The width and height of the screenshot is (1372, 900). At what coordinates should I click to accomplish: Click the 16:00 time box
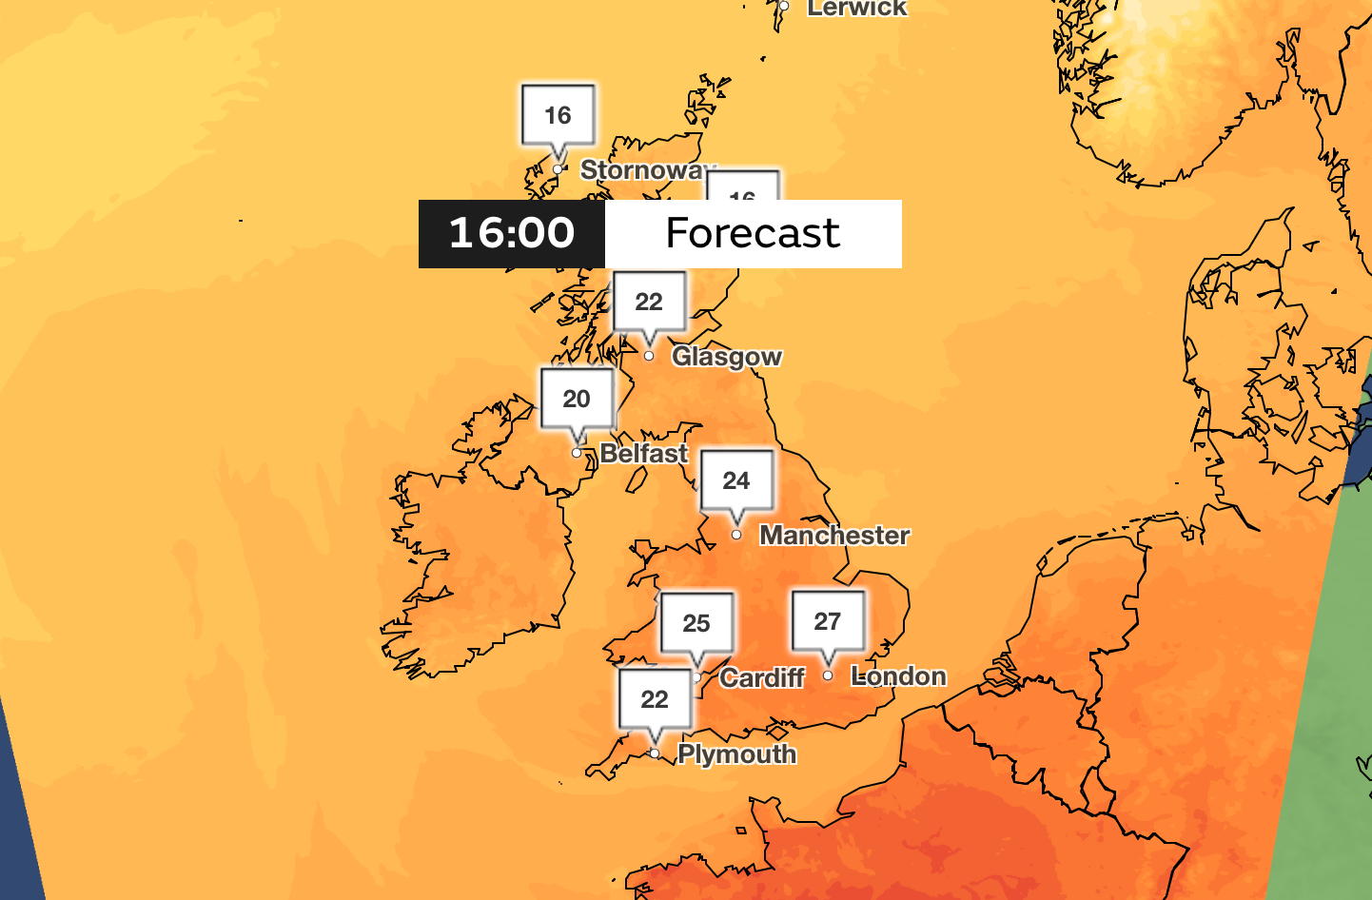[x=512, y=233]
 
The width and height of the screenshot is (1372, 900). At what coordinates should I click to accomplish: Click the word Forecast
[x=753, y=233]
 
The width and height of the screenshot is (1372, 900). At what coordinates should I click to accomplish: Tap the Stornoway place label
[x=643, y=170]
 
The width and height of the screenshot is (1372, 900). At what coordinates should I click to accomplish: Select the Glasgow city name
[x=727, y=357]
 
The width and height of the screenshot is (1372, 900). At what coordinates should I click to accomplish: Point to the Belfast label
[x=643, y=454]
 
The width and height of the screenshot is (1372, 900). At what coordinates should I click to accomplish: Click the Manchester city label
[x=834, y=536]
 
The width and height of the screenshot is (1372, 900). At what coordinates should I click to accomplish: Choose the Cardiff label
[x=762, y=678]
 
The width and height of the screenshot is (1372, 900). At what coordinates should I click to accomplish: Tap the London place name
[x=898, y=676]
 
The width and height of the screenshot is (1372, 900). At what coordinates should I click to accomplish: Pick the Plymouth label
[x=736, y=754]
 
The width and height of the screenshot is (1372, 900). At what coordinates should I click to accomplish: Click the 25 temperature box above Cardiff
[x=696, y=624]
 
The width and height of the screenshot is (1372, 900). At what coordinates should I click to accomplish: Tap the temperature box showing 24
[x=736, y=481]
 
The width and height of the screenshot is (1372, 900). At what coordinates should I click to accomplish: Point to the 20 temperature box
[x=577, y=400]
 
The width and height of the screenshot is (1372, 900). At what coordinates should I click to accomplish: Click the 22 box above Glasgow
[x=649, y=303]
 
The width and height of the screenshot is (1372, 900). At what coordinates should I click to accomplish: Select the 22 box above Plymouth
[x=655, y=700]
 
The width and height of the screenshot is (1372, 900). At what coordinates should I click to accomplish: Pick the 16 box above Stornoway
[x=558, y=116]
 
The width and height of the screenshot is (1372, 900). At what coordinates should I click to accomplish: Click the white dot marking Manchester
[x=736, y=535]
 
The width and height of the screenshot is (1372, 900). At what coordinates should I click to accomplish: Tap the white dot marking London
[x=828, y=675]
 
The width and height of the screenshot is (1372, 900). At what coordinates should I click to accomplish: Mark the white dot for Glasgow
[x=649, y=356]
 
